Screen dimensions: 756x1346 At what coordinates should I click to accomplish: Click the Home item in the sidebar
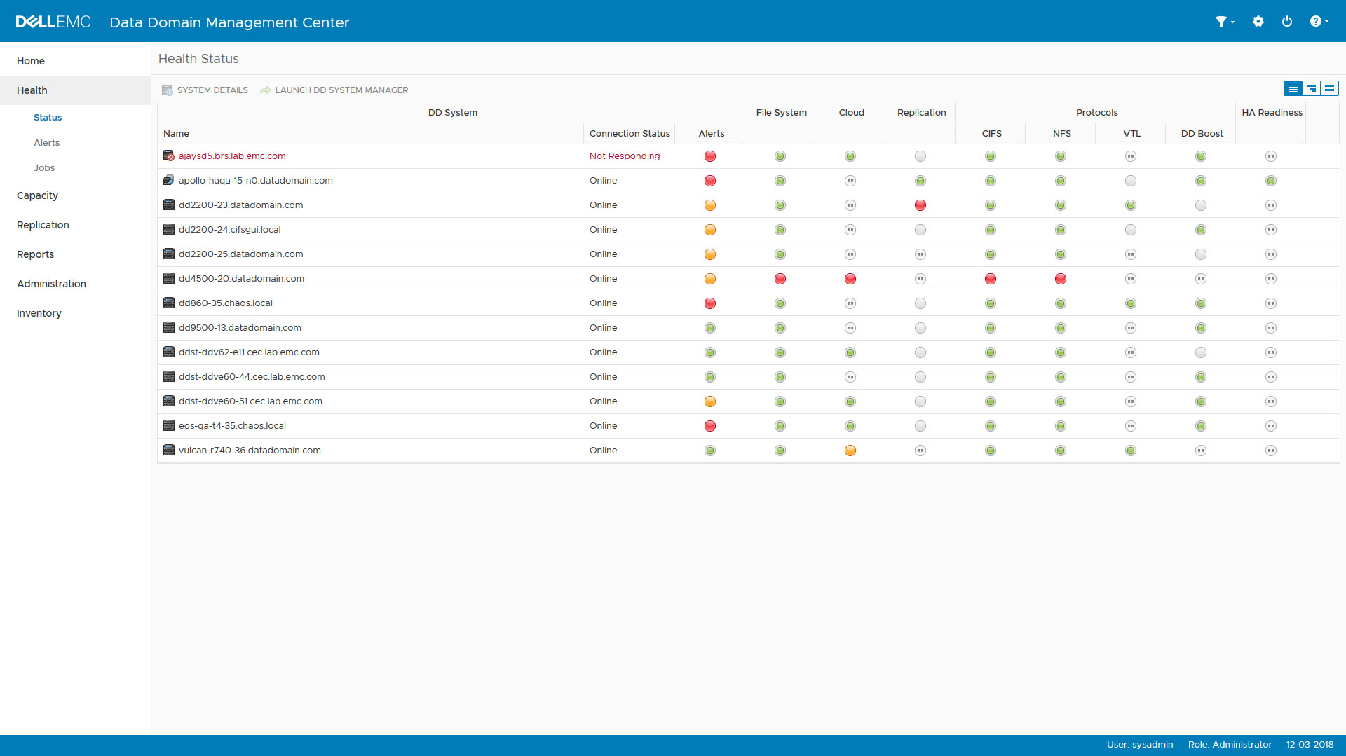click(x=31, y=61)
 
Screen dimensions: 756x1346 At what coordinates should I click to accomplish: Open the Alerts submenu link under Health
click(x=47, y=143)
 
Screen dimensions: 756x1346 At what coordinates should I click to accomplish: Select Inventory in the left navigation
click(x=39, y=313)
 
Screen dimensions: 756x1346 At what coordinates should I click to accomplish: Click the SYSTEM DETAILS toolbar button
click(x=205, y=90)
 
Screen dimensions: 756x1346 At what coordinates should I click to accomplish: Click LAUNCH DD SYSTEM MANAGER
click(x=334, y=90)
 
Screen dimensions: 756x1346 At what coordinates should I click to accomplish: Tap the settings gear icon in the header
click(x=1258, y=22)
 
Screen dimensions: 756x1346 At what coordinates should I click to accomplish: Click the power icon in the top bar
click(x=1287, y=22)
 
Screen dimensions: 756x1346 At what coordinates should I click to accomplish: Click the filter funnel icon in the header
click(x=1221, y=22)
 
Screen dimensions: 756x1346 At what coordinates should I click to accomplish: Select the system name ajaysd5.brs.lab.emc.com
click(x=232, y=156)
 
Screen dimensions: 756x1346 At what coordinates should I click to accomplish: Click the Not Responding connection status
click(x=625, y=156)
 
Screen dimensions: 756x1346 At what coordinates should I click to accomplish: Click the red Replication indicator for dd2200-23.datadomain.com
click(x=920, y=205)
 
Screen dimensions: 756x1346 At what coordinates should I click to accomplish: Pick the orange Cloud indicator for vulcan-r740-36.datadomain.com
click(x=850, y=451)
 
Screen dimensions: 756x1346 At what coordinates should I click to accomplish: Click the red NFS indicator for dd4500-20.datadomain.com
click(x=1061, y=279)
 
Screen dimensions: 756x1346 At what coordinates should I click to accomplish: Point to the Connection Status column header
click(x=630, y=134)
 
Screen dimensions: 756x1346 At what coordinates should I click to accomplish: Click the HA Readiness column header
click(x=1272, y=113)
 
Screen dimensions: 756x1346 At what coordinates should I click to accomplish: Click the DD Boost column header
click(x=1202, y=134)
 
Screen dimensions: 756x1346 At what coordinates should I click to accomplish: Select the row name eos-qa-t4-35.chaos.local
click(x=232, y=426)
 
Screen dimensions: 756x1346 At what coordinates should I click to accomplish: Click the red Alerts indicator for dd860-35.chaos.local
click(x=710, y=303)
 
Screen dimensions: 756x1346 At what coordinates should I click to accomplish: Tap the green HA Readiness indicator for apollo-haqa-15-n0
click(x=1271, y=181)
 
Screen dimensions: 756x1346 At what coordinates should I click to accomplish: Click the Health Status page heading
click(x=198, y=59)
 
